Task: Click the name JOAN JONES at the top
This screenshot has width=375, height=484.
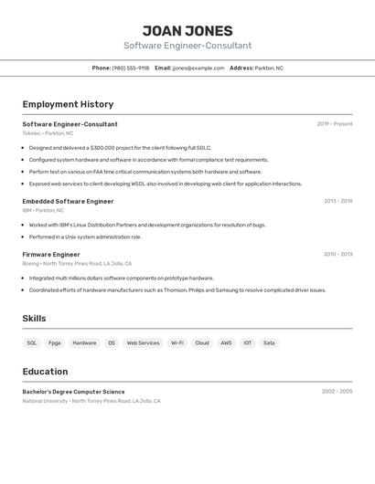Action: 187,31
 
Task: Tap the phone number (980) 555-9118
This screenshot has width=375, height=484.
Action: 131,68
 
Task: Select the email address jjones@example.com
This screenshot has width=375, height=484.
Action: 198,68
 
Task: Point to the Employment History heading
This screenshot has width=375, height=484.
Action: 68,104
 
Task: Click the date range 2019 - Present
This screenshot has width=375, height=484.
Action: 335,124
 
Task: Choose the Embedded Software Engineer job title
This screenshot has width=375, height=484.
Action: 68,201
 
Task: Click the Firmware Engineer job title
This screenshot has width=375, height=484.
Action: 51,255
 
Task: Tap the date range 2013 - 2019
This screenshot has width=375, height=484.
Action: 337,201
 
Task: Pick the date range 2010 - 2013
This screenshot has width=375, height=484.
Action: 337,255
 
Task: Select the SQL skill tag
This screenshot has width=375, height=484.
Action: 32,343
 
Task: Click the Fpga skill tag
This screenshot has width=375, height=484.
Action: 55,343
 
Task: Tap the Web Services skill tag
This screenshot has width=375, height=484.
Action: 143,343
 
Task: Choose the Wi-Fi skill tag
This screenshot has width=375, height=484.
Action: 177,343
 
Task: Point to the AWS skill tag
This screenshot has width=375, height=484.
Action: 226,343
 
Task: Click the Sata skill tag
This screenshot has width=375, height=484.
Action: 269,343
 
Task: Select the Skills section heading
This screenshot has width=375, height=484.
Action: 34,319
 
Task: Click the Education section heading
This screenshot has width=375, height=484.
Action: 45,372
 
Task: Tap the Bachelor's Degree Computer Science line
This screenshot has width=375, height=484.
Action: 73,392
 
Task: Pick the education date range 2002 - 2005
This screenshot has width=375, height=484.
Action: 337,392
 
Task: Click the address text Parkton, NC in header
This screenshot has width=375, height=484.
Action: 269,68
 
